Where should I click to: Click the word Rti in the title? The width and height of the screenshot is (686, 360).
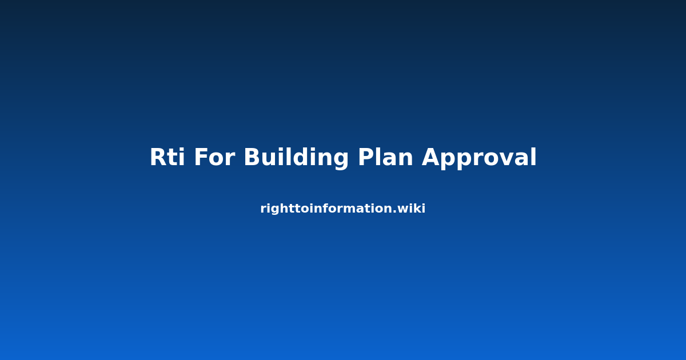coord(167,157)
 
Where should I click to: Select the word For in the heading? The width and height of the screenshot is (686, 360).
coord(215,157)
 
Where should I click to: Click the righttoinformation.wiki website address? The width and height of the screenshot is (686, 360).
coord(342,209)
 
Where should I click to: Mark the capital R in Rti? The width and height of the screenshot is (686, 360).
coord(158,157)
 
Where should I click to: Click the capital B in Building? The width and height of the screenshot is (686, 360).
coord(252,157)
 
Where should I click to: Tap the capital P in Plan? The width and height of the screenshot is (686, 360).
coord(366,157)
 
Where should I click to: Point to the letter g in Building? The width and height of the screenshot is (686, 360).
coord(341,161)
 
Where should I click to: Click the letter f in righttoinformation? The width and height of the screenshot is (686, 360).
coord(323,208)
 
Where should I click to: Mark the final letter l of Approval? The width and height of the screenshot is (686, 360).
coord(535,157)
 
